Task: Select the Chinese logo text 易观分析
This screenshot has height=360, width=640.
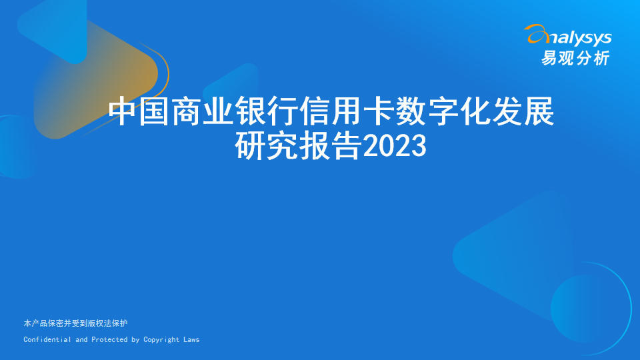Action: point(575,58)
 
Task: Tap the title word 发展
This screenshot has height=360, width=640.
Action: point(523,111)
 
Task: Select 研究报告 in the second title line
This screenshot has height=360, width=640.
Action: point(298,146)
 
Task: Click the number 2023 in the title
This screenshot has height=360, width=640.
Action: point(395,146)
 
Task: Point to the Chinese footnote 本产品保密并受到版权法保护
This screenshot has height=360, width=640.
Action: point(75,323)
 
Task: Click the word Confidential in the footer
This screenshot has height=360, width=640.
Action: point(47,339)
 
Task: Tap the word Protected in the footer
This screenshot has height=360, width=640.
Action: point(109,339)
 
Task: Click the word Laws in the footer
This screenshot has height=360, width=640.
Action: point(191,339)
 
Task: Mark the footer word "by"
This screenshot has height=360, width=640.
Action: point(135,340)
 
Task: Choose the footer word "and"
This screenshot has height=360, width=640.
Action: point(81,339)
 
